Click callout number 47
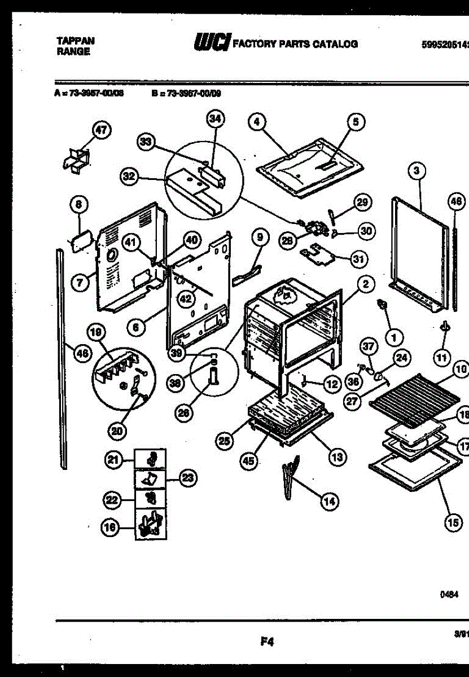100,130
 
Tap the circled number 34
215,118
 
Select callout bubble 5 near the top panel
356,121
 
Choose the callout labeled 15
452,522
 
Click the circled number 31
357,260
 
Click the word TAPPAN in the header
76,41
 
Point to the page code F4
267,641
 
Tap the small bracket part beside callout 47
76,159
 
